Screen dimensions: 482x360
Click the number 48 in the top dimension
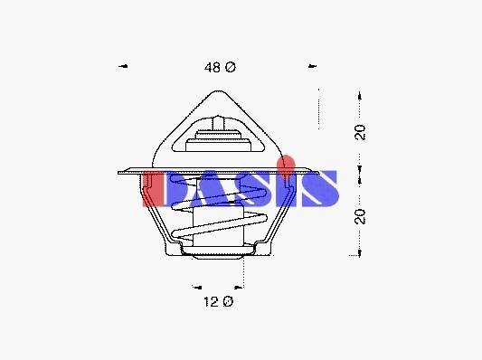pyautogui.click(x=213, y=67)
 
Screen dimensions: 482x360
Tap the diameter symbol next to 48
pyautogui.click(x=231, y=67)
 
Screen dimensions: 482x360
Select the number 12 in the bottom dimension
pyautogui.click(x=211, y=301)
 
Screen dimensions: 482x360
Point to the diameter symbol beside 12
pyautogui.click(x=228, y=301)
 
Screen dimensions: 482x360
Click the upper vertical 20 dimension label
pyautogui.click(x=360, y=132)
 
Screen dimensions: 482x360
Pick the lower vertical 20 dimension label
pyautogui.click(x=360, y=217)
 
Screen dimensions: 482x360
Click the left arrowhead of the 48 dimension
pyautogui.click(x=123, y=66)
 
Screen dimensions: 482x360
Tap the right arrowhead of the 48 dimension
pyautogui.click(x=312, y=66)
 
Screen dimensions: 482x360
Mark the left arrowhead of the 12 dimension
pyautogui.click(x=197, y=288)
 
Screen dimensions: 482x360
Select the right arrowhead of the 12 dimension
pyautogui.click(x=239, y=288)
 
